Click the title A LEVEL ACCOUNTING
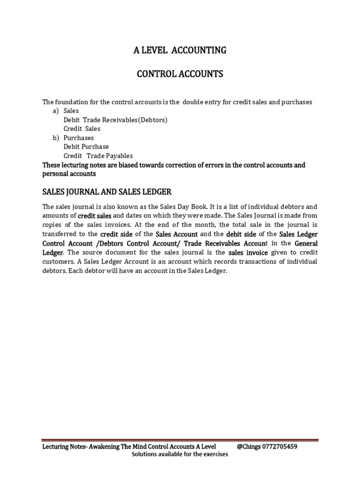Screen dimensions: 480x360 click(180, 50)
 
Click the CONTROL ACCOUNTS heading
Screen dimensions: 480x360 click(180, 74)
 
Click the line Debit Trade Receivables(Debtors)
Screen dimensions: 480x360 click(115, 120)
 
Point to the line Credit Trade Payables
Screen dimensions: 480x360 click(98, 156)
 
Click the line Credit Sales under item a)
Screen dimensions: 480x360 click(82, 129)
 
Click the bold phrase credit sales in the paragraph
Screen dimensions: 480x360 click(94, 216)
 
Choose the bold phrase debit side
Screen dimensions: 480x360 click(241, 234)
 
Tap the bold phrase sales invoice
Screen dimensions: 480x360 click(248, 253)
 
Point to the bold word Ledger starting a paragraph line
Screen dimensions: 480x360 click(52, 253)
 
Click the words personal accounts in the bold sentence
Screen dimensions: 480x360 click(69, 173)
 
